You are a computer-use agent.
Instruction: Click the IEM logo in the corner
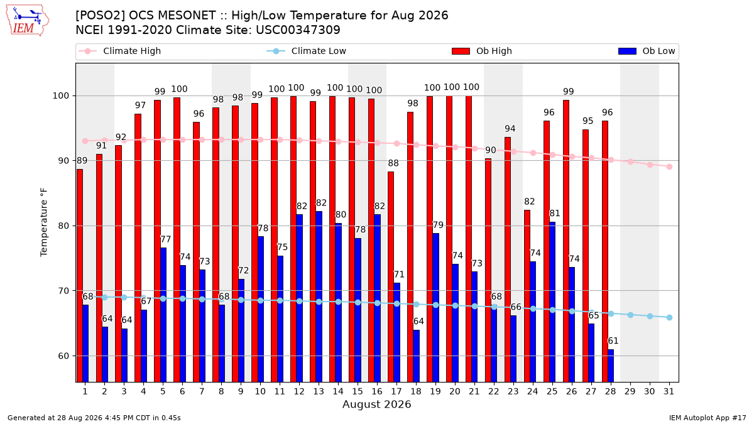click(28, 21)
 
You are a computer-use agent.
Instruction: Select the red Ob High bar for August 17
click(391, 276)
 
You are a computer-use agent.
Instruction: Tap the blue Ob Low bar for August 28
click(611, 366)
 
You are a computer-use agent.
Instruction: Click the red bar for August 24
click(527, 296)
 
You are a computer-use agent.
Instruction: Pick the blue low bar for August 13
click(319, 296)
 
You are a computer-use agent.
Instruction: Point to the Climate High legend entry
click(120, 51)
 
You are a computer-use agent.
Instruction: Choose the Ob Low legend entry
click(647, 51)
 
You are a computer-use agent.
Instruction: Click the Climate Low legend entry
click(307, 51)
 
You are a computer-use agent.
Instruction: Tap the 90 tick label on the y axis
click(63, 161)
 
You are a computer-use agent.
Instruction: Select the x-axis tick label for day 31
click(669, 391)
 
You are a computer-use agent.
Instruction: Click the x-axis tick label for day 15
click(358, 391)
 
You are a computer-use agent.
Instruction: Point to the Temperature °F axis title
click(44, 222)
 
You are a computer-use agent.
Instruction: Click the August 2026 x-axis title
click(376, 404)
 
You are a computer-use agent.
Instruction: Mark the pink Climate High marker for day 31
click(670, 166)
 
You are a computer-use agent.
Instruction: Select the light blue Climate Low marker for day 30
click(650, 317)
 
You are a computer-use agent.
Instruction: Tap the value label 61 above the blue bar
click(613, 341)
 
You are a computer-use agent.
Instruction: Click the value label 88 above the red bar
click(393, 163)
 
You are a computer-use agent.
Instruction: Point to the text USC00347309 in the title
click(298, 30)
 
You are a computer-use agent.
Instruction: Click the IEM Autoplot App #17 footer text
click(708, 418)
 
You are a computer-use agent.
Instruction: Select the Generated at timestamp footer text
click(94, 418)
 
